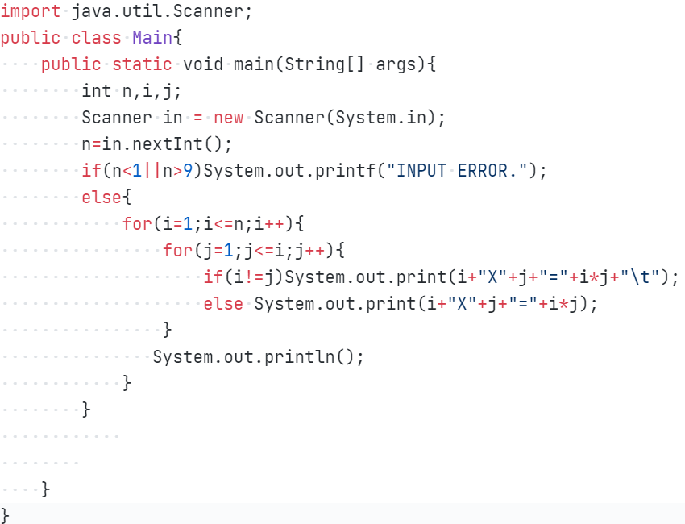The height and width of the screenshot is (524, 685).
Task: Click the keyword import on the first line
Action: coord(31,12)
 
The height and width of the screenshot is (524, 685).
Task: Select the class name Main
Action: coord(152,38)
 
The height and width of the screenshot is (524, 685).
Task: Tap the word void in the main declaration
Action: coord(203,64)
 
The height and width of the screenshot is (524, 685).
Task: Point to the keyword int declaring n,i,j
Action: coord(97,91)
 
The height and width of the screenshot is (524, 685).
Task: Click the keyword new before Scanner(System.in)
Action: coord(229,118)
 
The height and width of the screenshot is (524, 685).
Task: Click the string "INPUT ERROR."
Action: coord(457,171)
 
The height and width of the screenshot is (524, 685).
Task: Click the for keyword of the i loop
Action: coord(137,224)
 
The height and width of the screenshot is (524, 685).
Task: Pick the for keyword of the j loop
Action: coord(177,251)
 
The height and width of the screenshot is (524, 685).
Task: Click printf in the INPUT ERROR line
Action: coord(351,171)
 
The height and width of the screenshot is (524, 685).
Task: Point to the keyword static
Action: coord(142,64)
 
